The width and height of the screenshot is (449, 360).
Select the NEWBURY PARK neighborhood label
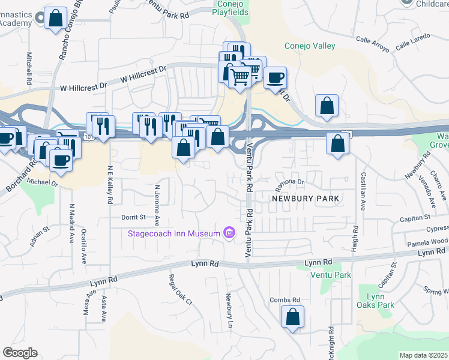click(x=306, y=198)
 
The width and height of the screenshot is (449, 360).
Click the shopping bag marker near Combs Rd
click(x=292, y=317)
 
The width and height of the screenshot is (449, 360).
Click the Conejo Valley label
click(x=309, y=46)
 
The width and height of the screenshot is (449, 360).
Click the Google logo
click(x=20, y=353)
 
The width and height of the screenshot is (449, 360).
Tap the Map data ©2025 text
click(x=423, y=355)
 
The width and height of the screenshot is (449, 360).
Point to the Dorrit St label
click(x=134, y=217)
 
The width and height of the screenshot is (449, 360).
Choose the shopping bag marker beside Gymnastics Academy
click(x=55, y=19)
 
